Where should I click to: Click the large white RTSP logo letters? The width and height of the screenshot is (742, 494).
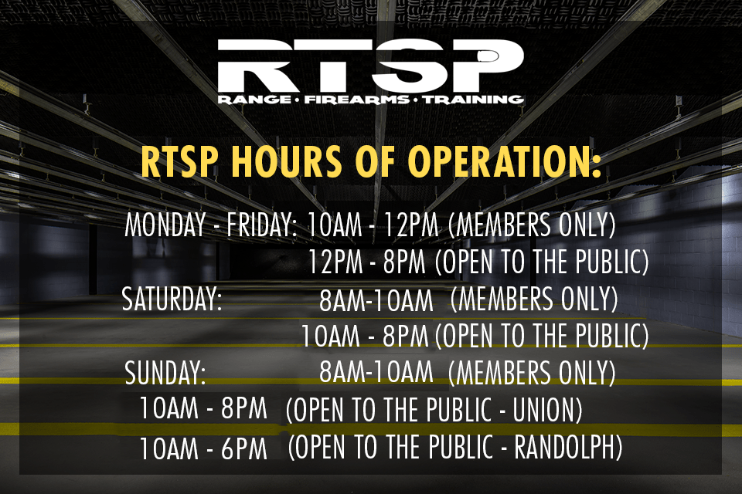coord(370,66)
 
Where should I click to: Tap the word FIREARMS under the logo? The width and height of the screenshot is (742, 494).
coord(357,100)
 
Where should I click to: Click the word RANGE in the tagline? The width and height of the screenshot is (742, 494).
coord(254,100)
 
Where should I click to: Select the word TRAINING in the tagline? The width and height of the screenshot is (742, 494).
coord(473,100)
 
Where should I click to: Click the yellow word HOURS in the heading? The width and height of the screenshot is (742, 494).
coord(286,161)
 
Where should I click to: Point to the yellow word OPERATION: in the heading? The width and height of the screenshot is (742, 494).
coord(505,161)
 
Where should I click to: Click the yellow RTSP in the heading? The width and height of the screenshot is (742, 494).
coord(180,161)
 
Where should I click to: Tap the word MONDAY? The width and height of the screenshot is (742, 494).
coord(165,225)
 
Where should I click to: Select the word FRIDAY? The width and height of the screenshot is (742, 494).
coord(262,225)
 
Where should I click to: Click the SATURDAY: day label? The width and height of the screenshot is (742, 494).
coord(172,299)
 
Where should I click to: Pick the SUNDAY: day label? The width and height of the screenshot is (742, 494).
coord(165,373)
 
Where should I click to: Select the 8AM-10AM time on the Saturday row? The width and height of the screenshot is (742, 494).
coord(376,300)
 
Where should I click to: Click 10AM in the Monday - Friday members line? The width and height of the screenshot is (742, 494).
coord(335,225)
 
